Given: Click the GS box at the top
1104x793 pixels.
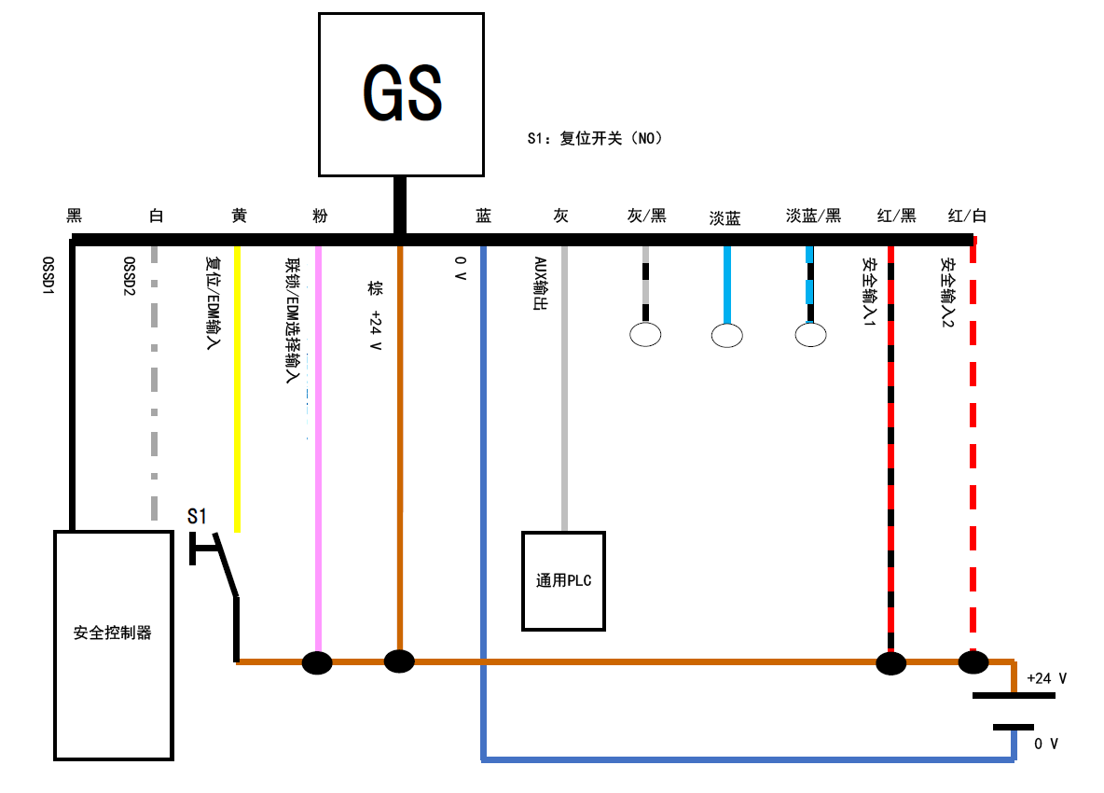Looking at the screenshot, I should (x=401, y=94).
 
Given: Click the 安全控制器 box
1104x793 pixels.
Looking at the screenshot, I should (x=113, y=644).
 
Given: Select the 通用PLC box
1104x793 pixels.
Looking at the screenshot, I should (x=563, y=580).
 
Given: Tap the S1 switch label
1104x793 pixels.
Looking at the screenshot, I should (x=199, y=516).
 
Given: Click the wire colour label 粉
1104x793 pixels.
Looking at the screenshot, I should (x=320, y=216).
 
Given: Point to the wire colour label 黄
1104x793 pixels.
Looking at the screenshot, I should (x=239, y=216).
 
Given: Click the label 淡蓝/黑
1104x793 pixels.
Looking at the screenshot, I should (x=813, y=216).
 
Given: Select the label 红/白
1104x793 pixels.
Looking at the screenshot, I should (x=967, y=216).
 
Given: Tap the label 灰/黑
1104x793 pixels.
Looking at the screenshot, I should (x=646, y=216).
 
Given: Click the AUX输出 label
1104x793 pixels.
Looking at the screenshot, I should (x=539, y=285).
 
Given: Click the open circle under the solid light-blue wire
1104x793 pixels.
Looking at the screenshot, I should (x=727, y=335).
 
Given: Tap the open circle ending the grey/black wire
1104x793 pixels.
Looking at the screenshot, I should (x=645, y=334).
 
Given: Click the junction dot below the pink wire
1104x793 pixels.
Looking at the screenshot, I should (x=318, y=662).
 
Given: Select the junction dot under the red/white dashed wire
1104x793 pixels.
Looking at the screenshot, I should (x=973, y=662).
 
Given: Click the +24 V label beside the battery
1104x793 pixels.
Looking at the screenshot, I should (x=1046, y=678).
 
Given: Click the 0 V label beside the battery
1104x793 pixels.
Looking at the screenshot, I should (x=1046, y=744).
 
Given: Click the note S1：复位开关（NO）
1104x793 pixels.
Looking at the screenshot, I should (x=594, y=139).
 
